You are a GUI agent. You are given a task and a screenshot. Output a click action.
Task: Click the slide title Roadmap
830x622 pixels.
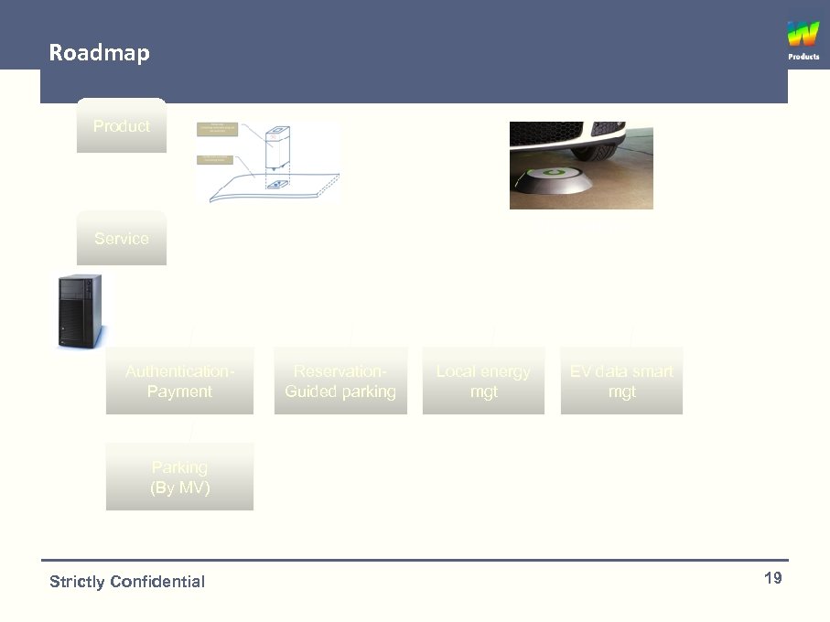pyautogui.click(x=99, y=52)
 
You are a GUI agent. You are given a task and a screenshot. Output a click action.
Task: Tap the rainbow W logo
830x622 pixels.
pyautogui.click(x=803, y=35)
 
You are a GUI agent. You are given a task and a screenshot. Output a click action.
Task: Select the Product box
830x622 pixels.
pyautogui.click(x=121, y=126)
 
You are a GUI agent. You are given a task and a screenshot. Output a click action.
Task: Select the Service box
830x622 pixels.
pyautogui.click(x=121, y=239)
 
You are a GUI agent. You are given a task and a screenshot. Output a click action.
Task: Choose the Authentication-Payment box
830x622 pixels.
pyautogui.click(x=179, y=381)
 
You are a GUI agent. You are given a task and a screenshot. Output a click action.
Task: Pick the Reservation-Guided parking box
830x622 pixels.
pyautogui.click(x=340, y=381)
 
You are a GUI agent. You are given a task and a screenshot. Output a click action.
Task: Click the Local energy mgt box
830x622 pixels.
pyautogui.click(x=483, y=381)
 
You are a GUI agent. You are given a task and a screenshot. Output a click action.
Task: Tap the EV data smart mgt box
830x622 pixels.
pyautogui.click(x=621, y=381)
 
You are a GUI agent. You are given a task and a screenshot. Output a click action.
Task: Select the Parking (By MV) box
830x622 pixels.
pyautogui.click(x=179, y=477)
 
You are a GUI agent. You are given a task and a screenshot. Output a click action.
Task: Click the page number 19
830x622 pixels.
pyautogui.click(x=772, y=578)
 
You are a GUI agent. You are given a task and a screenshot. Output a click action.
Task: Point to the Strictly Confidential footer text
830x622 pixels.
pyautogui.click(x=127, y=582)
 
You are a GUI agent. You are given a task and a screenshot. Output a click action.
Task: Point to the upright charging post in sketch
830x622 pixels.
pyautogui.click(x=277, y=150)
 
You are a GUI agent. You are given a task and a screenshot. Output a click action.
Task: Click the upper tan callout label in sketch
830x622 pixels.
pyautogui.click(x=218, y=129)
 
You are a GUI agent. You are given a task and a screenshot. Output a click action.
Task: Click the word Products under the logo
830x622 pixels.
pyautogui.click(x=803, y=57)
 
